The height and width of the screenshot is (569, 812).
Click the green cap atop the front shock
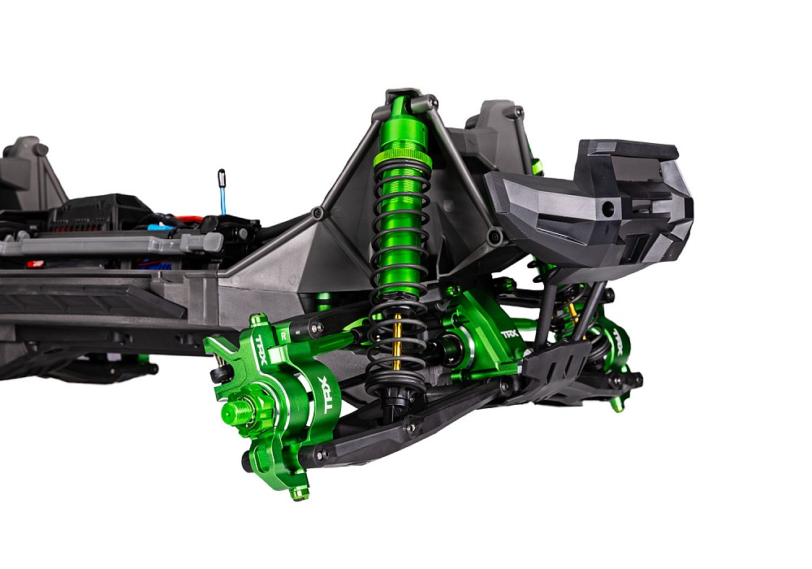click(399, 106)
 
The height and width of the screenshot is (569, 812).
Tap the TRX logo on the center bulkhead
click(509, 334)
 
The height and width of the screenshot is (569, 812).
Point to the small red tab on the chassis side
click(35, 263)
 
